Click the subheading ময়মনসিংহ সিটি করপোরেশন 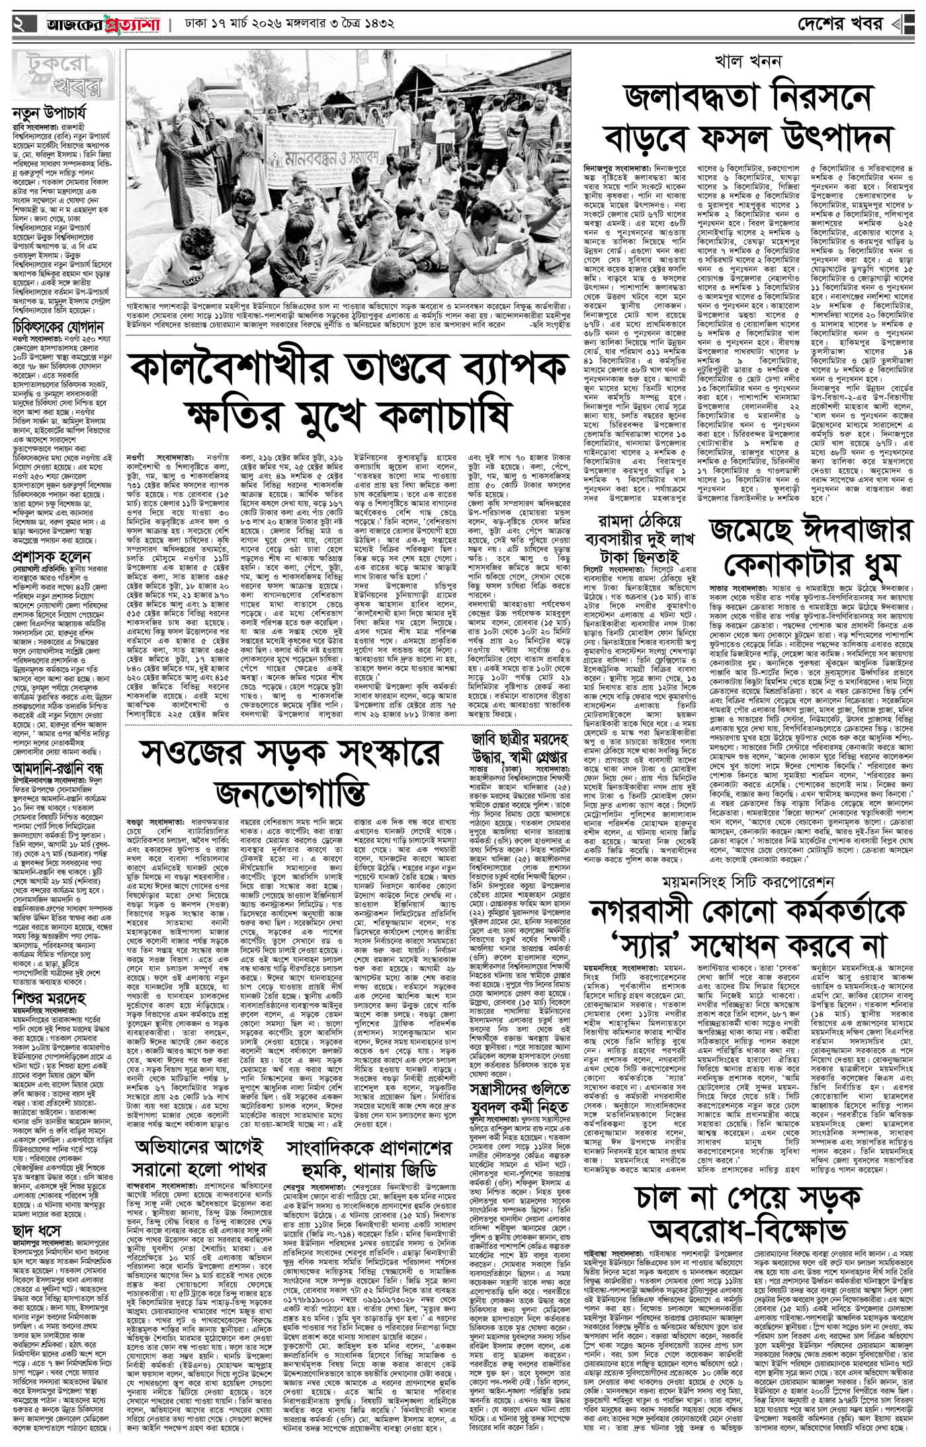pos(746,883)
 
